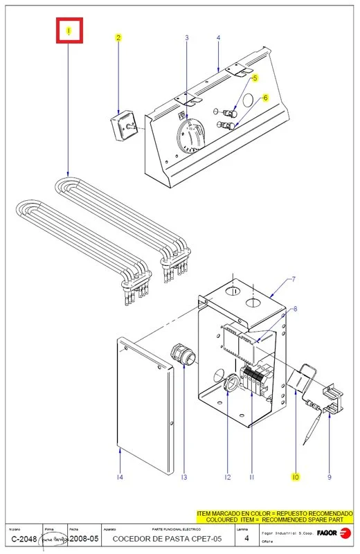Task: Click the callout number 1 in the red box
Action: click(x=69, y=31)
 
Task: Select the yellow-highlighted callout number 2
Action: click(x=118, y=37)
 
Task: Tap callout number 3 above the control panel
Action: click(x=186, y=37)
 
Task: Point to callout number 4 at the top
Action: click(x=218, y=37)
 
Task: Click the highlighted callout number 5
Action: click(x=254, y=78)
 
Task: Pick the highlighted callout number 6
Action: click(x=264, y=99)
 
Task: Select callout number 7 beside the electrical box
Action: click(x=294, y=279)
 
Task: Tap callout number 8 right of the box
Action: click(x=296, y=308)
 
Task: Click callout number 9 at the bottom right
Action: click(x=330, y=477)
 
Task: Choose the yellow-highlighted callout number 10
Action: click(x=295, y=477)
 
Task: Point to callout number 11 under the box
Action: click(x=252, y=477)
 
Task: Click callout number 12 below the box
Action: click(x=226, y=477)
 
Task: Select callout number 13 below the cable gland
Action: click(x=183, y=477)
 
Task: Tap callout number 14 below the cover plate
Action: click(x=120, y=477)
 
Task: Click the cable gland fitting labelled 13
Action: click(x=182, y=354)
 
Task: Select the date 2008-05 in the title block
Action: click(x=85, y=539)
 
